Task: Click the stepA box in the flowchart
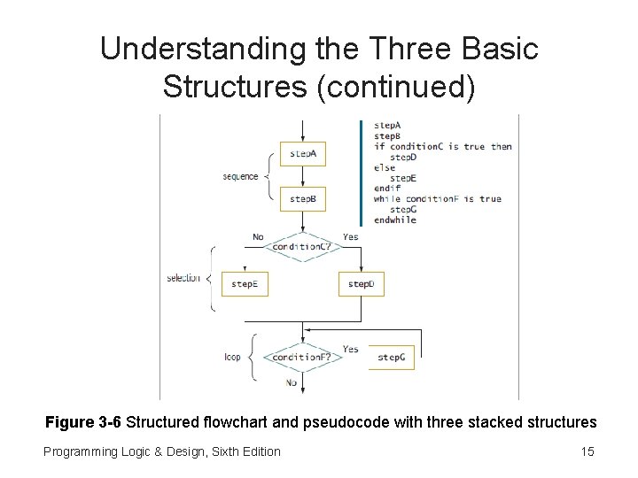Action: pos(303,154)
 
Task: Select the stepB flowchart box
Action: pos(303,199)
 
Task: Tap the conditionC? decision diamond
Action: pos(302,246)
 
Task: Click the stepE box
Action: pos(245,284)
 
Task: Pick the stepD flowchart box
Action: pos(361,284)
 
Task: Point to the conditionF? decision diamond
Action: pos(302,357)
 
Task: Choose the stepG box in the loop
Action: pos(391,358)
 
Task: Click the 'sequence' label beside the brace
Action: pos(240,176)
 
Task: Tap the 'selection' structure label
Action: pos(183,279)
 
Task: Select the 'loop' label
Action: pos(232,358)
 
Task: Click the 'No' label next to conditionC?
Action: pos(258,236)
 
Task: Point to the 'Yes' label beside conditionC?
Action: pos(350,236)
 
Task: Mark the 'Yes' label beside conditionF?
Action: pos(350,349)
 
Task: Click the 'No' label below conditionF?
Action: pos(292,382)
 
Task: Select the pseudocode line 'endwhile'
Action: pos(394,220)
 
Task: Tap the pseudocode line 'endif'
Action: pos(387,188)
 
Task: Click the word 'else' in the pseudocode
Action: pos(385,167)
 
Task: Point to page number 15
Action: pos(587,451)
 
